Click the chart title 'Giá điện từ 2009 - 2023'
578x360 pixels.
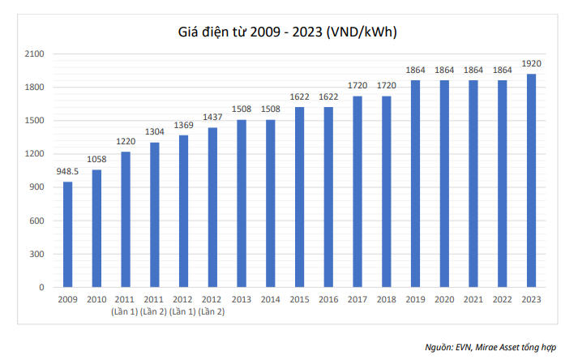[250, 32]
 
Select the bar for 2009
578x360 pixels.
[68, 234]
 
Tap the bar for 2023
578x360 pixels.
[531, 180]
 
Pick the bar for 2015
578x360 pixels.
[299, 197]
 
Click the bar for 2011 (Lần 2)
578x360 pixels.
[155, 215]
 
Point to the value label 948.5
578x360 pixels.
[67, 171]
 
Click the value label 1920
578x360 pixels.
[531, 63]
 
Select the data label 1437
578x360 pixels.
[212, 117]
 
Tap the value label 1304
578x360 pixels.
[155, 131]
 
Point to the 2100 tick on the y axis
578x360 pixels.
[34, 54]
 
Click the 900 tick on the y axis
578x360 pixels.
[36, 187]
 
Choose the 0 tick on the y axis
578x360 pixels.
[41, 287]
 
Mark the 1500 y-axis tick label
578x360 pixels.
[34, 120]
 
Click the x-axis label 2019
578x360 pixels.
[415, 299]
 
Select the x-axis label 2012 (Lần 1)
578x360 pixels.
[182, 306]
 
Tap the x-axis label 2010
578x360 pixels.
[96, 299]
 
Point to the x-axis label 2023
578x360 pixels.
[531, 299]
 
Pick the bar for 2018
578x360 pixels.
[387, 191]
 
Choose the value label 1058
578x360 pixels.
[96, 159]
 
